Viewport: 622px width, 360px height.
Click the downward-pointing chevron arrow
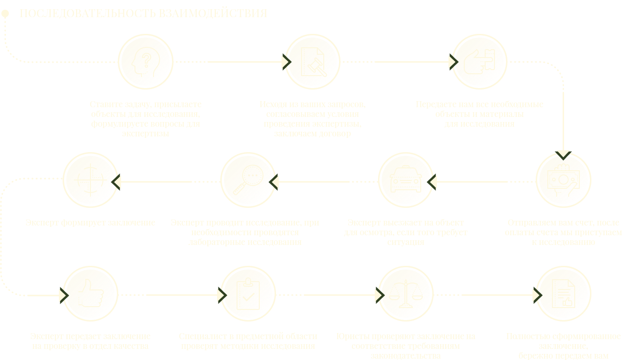pyautogui.click(x=563, y=152)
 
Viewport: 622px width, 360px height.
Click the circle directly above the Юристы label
pyautogui.click(x=406, y=294)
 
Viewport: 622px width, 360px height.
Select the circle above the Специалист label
pyautogui.click(x=248, y=294)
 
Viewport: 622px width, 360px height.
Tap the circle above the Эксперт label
pyautogui.click(x=90, y=294)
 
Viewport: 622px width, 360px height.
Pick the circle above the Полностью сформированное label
pyautogui.click(x=564, y=294)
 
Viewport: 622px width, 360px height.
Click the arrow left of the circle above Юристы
pyautogui.click(x=378, y=295)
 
